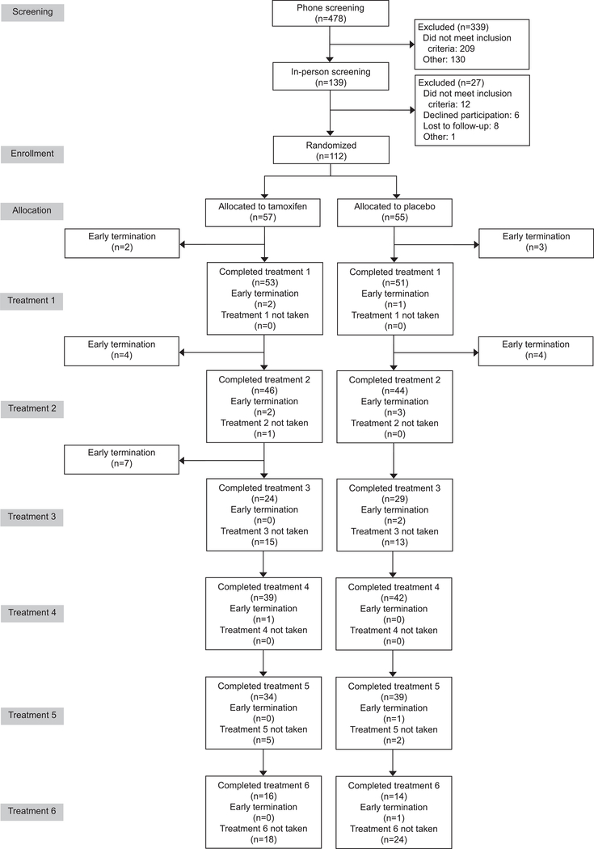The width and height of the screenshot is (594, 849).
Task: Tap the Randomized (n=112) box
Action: pos(331,150)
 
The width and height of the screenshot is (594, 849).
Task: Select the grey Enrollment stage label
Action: pos(32,153)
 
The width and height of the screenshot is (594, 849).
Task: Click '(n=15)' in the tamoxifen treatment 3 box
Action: pos(264,542)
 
